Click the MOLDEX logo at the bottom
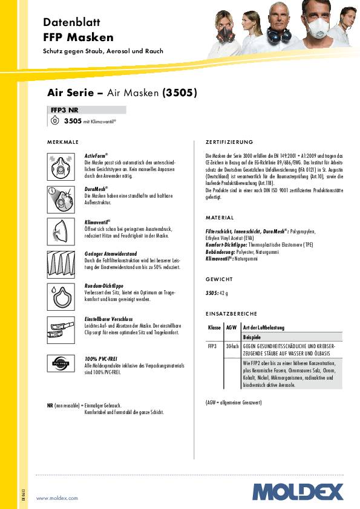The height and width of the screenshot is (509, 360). click(x=298, y=491)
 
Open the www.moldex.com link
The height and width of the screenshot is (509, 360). click(x=57, y=498)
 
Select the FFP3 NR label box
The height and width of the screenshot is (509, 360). click(x=87, y=110)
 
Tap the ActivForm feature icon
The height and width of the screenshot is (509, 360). click(x=61, y=164)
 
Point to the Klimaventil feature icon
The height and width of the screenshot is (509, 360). click(x=61, y=230)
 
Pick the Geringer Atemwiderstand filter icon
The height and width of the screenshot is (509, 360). click(x=61, y=263)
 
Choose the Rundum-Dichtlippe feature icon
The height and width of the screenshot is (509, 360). click(x=61, y=296)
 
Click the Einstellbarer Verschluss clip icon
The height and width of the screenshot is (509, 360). click(x=61, y=328)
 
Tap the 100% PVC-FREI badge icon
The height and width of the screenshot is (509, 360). click(x=61, y=365)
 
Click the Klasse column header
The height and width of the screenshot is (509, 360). click(x=214, y=327)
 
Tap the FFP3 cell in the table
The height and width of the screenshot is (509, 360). click(x=212, y=346)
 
